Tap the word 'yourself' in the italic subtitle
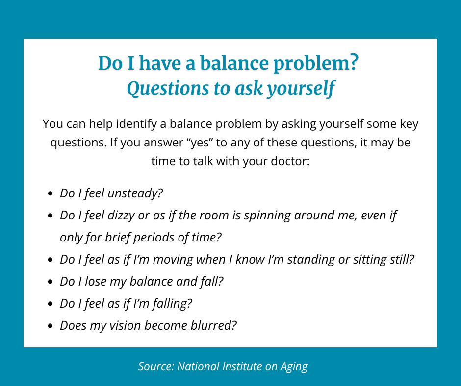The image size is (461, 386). click(301, 89)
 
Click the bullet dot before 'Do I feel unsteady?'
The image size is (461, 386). click(51, 194)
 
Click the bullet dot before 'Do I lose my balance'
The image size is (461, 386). click(51, 282)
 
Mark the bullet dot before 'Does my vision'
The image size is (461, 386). click(51, 326)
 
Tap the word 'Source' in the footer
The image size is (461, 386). click(155, 366)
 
